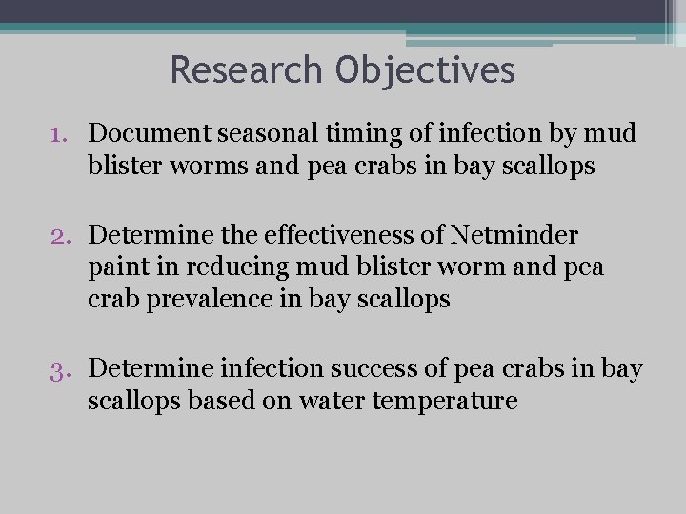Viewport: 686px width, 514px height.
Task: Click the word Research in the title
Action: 248,69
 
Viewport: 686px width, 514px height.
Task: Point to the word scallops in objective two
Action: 403,299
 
